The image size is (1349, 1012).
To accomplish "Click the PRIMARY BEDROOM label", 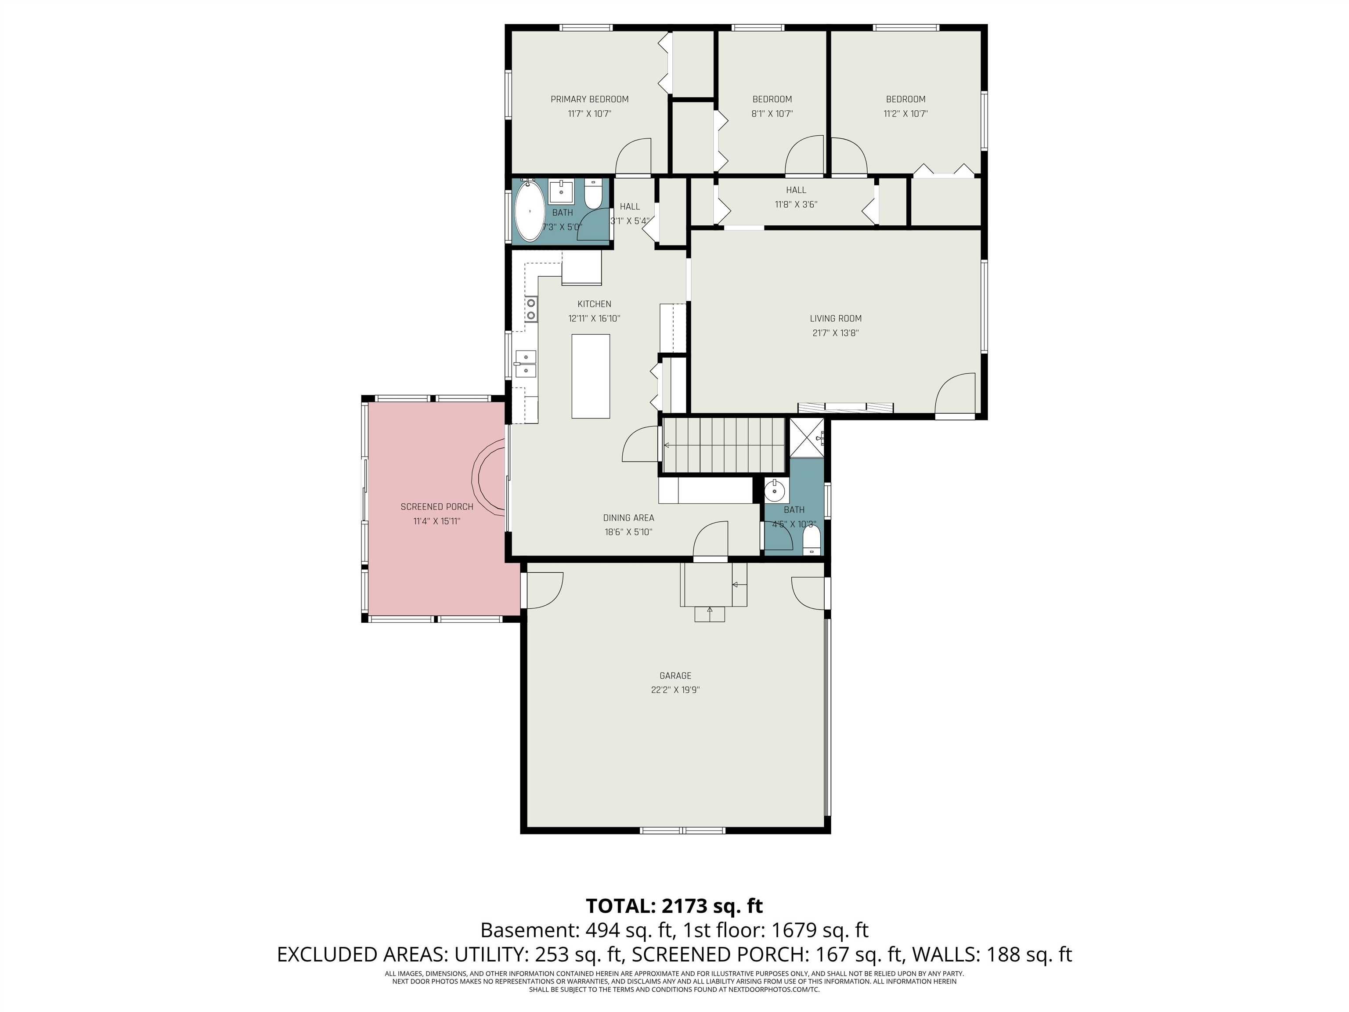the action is coord(589,99).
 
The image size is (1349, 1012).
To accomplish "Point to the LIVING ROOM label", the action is coord(836,318).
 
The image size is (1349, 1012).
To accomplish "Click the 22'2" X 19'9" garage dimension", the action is coord(675,690).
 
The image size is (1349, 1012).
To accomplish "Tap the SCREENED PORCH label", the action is coord(436,507).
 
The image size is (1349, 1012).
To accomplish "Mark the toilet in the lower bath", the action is coord(811,540).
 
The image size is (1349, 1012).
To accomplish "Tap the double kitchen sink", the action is coord(526,364).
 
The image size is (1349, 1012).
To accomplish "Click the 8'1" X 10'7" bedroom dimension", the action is coord(772,113).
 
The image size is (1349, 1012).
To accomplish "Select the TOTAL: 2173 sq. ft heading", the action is coord(674,906).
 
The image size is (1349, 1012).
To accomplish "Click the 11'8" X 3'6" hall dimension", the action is coord(796,204).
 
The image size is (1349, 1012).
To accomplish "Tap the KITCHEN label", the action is coord(594,304).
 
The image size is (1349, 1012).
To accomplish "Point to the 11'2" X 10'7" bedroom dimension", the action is coord(905,113).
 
